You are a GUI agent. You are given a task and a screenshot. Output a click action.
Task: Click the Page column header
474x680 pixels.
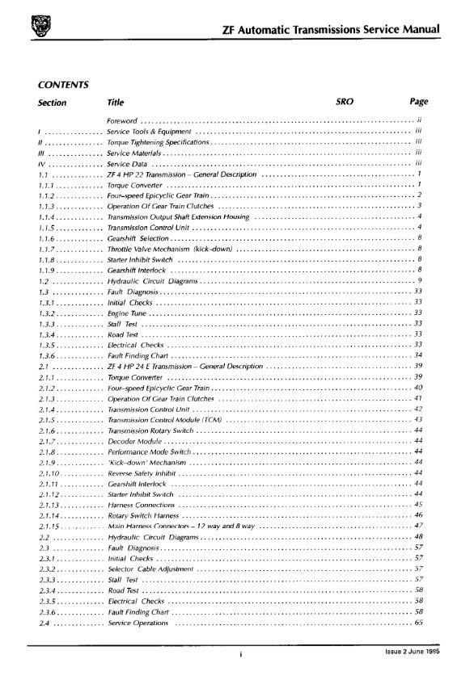coord(418,103)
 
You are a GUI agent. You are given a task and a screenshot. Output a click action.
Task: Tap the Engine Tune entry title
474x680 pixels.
coord(127,313)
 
